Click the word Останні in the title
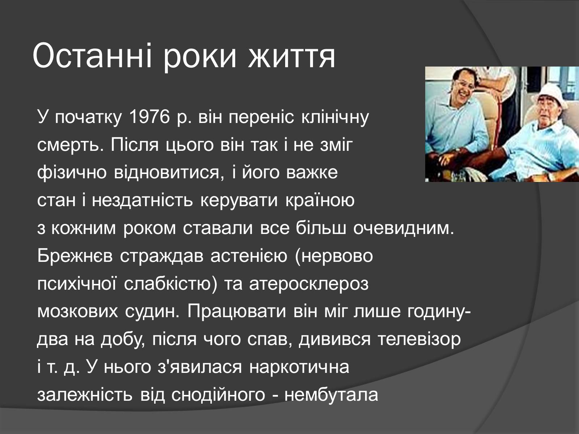(92, 55)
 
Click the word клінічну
(335, 118)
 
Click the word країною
(320, 201)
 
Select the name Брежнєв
(75, 256)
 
